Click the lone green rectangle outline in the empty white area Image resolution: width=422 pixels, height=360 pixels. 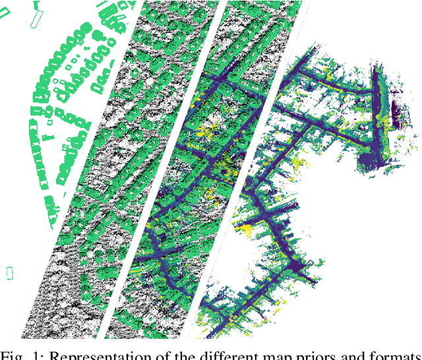9,272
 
